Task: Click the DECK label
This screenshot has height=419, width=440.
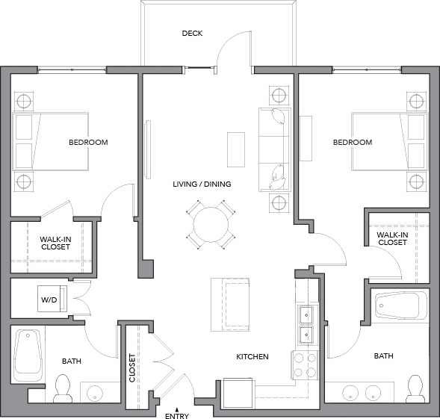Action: click(192, 33)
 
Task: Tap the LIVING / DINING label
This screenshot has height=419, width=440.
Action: click(202, 184)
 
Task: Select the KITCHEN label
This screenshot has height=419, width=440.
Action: click(252, 357)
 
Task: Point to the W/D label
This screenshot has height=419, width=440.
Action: click(49, 300)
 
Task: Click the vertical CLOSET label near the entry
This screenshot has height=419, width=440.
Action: click(132, 368)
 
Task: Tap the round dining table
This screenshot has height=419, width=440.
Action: click(211, 224)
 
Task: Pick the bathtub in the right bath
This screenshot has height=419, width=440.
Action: click(400, 305)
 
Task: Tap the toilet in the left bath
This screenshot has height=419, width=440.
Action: click(63, 387)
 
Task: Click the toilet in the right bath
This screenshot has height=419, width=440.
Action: click(414, 387)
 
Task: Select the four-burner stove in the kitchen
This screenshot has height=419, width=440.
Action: click(304, 364)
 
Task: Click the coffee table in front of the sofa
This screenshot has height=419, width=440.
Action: click(236, 149)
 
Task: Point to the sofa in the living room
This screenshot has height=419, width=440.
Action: click(273, 149)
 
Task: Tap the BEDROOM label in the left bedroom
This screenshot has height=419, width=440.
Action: click(88, 143)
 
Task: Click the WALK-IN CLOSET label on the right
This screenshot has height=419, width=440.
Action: click(392, 238)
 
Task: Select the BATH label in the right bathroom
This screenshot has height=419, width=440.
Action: click(383, 356)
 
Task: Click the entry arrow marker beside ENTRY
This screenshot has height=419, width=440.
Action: click(176, 408)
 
